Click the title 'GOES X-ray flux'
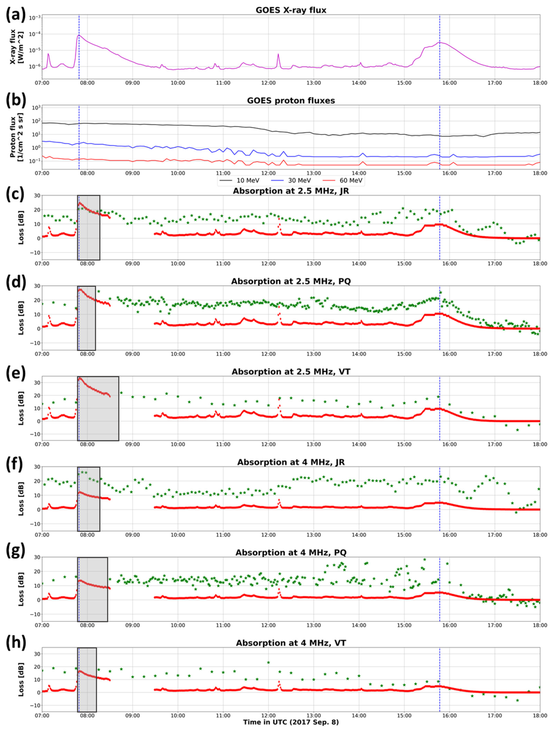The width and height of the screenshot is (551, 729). point(291,10)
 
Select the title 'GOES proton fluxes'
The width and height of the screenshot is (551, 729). point(291,101)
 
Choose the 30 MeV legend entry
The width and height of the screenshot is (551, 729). point(291,181)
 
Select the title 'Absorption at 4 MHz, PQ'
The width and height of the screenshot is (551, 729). point(291,553)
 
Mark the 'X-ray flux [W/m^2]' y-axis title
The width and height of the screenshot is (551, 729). point(16,46)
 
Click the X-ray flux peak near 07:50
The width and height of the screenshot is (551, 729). point(79,35)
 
